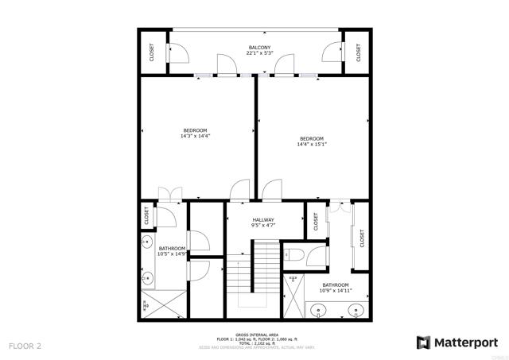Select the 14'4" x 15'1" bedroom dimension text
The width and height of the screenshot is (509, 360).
click(312, 145)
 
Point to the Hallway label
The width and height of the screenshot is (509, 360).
click(263, 220)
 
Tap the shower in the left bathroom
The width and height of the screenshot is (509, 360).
click(164, 304)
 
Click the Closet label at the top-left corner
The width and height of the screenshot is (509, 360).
click(152, 52)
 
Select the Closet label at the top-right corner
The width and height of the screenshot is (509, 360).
click(359, 52)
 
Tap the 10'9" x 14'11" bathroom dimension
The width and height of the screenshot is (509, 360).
click(335, 290)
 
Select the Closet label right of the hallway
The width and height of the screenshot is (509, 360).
click(315, 223)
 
